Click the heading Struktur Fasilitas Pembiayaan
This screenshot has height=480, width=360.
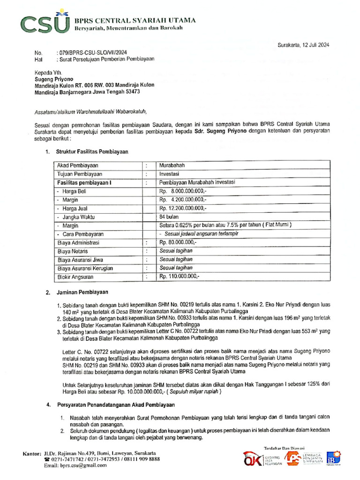click(x=92, y=152)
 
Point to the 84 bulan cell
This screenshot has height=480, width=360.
click(x=169, y=217)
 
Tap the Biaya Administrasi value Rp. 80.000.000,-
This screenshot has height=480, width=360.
click(x=179, y=242)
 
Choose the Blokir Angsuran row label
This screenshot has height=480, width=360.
click(x=76, y=277)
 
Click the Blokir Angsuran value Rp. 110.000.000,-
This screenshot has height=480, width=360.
click(x=180, y=277)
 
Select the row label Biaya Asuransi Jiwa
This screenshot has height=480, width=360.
click(x=80, y=260)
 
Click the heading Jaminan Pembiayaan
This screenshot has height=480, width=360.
click(x=82, y=292)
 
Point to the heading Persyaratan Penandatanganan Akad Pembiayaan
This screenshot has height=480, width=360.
click(x=115, y=405)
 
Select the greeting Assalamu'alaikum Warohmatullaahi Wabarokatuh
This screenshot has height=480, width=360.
click(x=91, y=112)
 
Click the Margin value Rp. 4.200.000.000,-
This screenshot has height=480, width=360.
click(x=182, y=200)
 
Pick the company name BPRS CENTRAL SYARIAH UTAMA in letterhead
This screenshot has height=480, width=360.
click(x=135, y=21)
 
